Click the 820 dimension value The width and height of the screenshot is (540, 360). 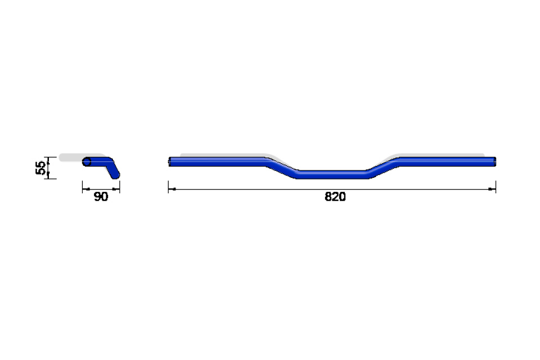click(335, 197)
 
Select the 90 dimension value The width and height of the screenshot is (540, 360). click(101, 197)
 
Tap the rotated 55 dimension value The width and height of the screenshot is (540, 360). click(40, 168)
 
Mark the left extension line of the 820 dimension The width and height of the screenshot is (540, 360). click(168, 187)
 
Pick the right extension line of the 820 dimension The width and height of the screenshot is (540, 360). click(496, 187)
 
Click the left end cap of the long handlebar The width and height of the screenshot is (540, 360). click(170, 161)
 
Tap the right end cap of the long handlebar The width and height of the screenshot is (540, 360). click(494, 161)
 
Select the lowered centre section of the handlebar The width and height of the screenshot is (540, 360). click(332, 174)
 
